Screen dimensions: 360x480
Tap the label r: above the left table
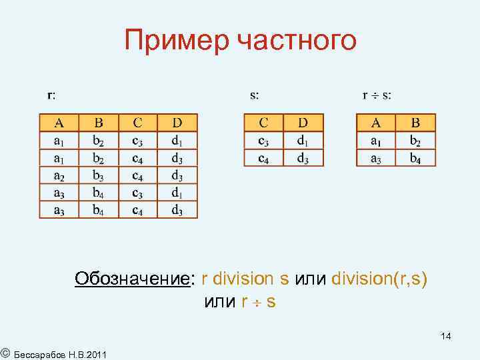51,95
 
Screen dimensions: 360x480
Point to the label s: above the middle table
255,95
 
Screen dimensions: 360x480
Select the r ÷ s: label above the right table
377,95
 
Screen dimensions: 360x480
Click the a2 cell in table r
59,175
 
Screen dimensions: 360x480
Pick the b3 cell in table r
99,175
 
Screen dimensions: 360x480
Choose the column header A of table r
59,123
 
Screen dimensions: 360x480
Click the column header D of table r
177,123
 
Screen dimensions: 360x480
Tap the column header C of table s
263,123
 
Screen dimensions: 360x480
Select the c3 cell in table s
263,141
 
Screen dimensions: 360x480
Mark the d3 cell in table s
303,158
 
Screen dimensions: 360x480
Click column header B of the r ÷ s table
415,123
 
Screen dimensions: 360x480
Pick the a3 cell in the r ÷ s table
376,158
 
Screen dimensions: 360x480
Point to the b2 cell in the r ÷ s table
415,141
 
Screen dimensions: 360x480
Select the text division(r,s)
379,278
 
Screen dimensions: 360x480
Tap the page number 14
445,337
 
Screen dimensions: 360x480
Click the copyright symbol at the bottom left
5,352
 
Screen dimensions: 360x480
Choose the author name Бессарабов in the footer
41,353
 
